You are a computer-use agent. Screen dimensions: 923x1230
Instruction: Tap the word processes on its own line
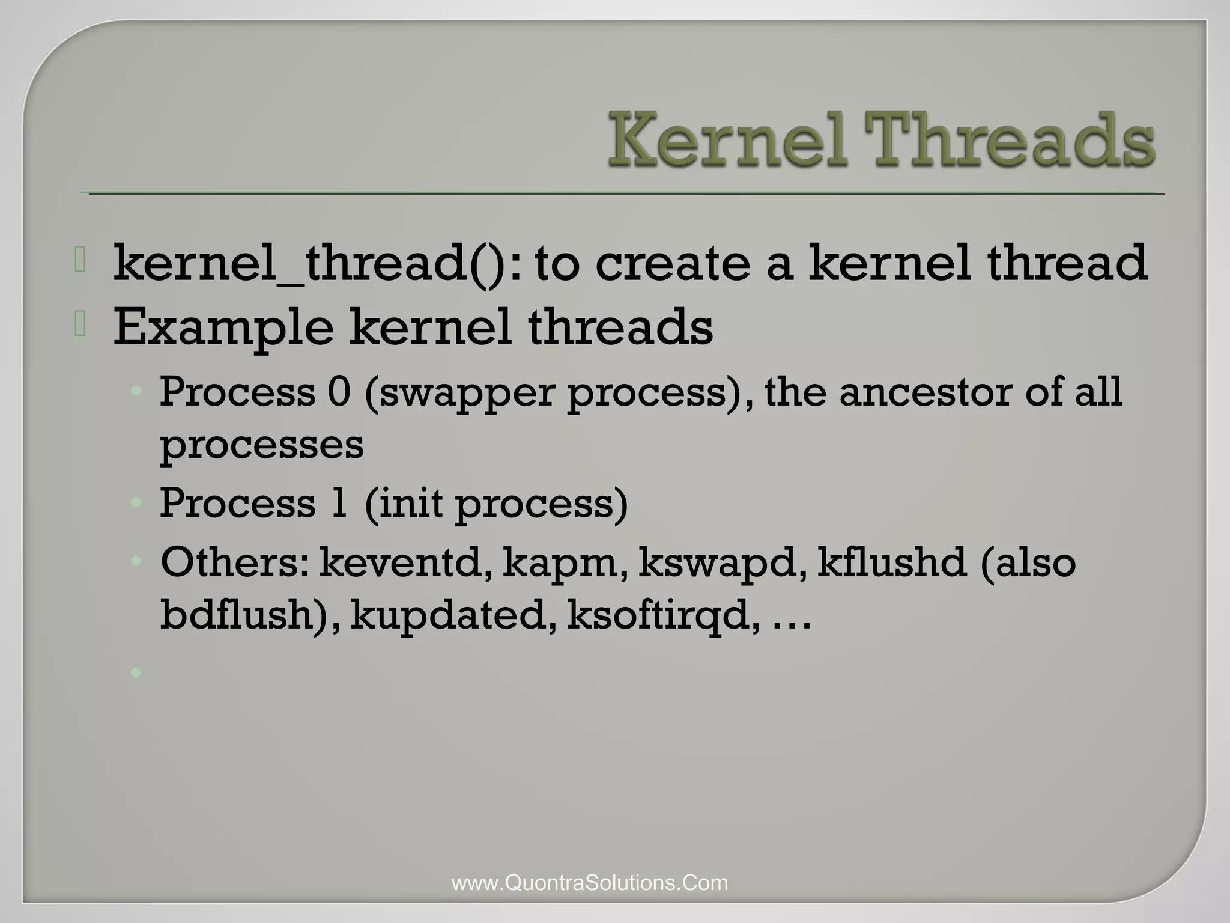262,446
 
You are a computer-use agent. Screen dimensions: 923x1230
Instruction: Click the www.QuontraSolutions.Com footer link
590,883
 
